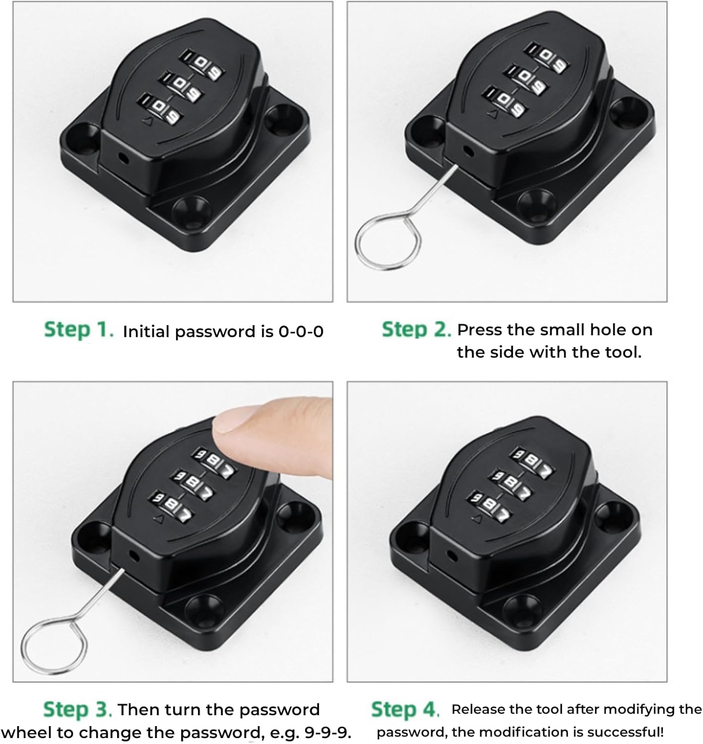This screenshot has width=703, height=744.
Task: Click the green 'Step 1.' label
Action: click(x=79, y=330)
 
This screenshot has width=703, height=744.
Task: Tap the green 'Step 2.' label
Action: click(x=416, y=330)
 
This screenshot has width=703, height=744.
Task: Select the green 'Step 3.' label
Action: click(x=77, y=709)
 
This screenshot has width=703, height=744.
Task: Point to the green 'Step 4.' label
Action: click(x=405, y=709)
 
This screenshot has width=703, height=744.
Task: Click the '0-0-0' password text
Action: click(x=301, y=331)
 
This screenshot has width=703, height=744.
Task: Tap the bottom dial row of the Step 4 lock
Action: click(x=491, y=506)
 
